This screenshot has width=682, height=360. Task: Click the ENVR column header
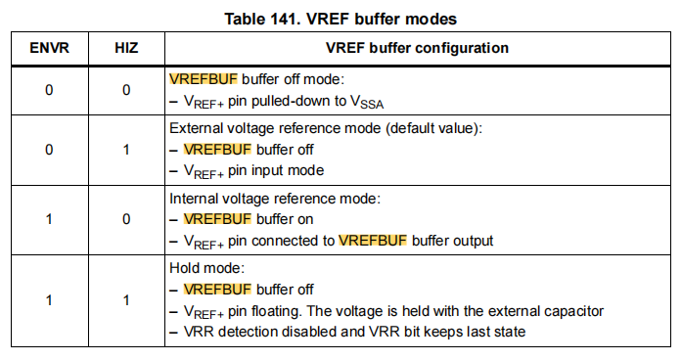48,47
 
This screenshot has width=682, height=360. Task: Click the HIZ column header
126,47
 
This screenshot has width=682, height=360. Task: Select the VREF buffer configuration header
416,47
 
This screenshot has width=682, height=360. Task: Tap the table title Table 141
341,18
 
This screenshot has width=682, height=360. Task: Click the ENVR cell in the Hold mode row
48,300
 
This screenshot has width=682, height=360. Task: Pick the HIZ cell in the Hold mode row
126,300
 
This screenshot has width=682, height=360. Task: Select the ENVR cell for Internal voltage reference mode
48,218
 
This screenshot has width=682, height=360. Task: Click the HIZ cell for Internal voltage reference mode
126,218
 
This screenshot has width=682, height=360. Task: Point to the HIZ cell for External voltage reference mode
126,149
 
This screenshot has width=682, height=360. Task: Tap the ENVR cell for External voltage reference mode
48,149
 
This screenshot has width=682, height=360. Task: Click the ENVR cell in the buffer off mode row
48,90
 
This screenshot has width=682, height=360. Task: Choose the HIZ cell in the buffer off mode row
126,90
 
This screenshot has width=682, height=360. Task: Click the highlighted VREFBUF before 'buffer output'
373,240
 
